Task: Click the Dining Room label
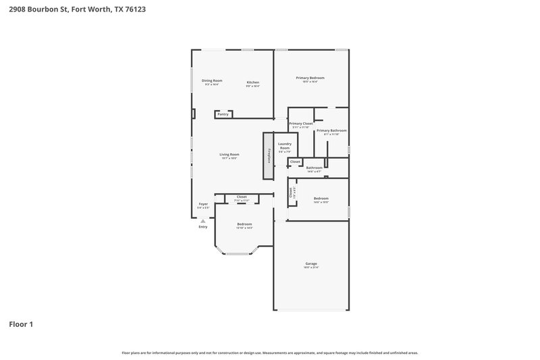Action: coord(211,80)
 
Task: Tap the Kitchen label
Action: coord(252,82)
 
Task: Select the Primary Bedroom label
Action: coord(310,78)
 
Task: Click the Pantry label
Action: coord(223,114)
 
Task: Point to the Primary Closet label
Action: coord(300,124)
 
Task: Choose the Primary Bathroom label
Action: coord(331,130)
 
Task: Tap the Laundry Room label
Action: coord(285,146)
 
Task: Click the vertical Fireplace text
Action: coord(269,155)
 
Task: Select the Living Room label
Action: coord(229,154)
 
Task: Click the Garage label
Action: coord(310,263)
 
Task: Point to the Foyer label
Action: coord(202,204)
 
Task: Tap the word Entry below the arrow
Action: coord(202,227)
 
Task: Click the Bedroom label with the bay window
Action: coord(244,224)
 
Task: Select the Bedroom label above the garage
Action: coord(321,198)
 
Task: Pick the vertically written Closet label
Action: coord(291,192)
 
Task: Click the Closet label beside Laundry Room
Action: coord(295,162)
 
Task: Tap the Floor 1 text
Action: coord(21,324)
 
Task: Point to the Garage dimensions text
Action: coord(310,268)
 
